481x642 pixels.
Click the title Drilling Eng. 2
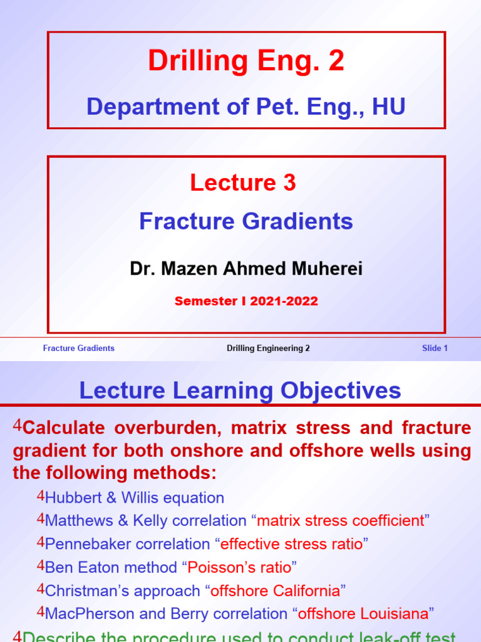point(246,61)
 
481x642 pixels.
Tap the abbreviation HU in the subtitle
point(388,107)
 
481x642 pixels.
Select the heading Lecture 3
point(243,182)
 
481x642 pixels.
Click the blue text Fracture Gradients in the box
point(246,221)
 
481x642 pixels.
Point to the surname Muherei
point(324,269)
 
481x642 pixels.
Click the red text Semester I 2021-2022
point(246,302)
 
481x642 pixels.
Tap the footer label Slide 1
point(435,349)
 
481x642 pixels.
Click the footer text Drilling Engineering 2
point(268,349)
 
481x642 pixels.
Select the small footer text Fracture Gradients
point(78,349)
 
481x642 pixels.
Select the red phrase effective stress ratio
point(291,544)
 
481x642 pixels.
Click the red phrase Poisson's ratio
point(239,567)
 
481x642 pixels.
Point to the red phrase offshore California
point(276,591)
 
